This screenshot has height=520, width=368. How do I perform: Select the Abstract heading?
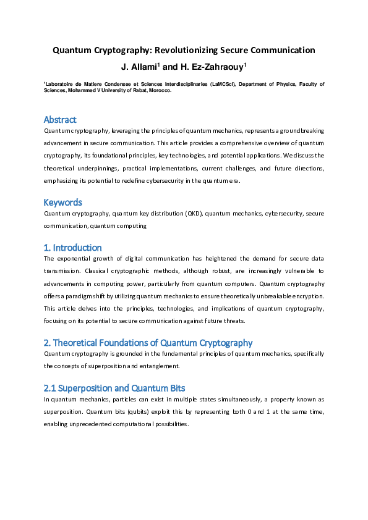click(60, 119)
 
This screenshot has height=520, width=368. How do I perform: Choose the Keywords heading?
click(62, 202)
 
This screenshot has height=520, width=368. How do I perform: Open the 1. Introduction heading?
click(72, 247)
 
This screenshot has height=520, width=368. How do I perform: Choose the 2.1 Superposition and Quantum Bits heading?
click(114, 388)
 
